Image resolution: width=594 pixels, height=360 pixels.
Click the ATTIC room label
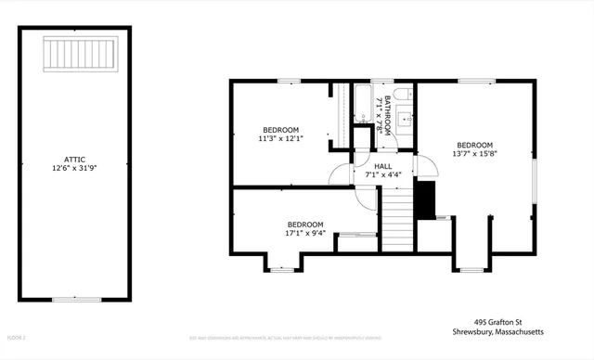click(76, 160)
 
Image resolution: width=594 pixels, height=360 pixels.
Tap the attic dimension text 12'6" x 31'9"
click(76, 169)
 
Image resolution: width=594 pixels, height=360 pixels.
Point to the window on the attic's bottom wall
click(76, 299)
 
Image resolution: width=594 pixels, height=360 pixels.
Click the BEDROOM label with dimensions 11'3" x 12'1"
click(280, 129)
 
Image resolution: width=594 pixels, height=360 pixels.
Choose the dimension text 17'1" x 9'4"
click(304, 234)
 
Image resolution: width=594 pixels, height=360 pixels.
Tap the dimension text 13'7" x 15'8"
click(473, 154)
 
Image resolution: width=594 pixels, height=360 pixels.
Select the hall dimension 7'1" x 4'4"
click(382, 174)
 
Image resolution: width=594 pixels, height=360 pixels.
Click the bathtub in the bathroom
click(362, 102)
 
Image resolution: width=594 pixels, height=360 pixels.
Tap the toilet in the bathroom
click(401, 95)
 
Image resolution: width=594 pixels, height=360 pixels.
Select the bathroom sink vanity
click(405, 119)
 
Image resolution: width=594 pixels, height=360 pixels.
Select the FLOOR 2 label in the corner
click(17, 337)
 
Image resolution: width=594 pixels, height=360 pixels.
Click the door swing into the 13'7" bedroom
click(427, 167)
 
